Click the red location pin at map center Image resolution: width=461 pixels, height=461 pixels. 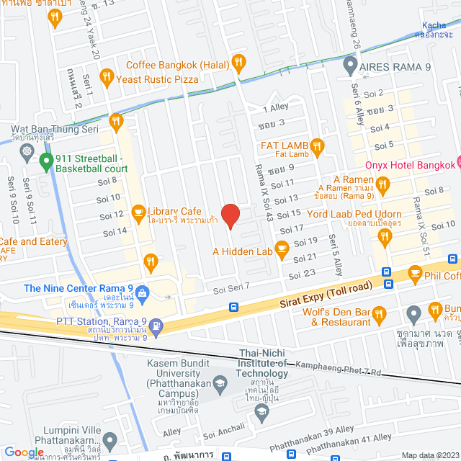(230, 215)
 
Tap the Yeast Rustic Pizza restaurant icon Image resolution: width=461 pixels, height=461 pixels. (106, 74)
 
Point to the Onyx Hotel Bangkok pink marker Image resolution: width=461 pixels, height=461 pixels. (455, 164)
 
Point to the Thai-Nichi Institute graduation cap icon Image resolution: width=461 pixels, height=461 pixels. (262, 411)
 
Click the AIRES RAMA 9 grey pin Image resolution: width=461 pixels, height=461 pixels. (350, 66)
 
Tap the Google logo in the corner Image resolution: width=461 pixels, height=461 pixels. (24, 452)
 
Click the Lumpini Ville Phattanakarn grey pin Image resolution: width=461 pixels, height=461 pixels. (109, 439)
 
